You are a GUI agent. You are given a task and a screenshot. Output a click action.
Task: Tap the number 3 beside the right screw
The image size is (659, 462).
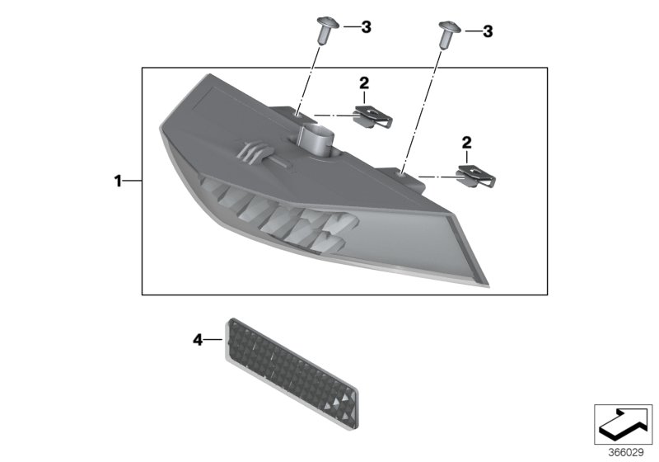click(x=488, y=31)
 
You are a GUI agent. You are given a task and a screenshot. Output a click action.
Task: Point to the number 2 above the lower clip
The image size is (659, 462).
click(x=466, y=144)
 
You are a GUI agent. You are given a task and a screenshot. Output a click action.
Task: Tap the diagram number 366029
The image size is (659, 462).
click(x=624, y=451)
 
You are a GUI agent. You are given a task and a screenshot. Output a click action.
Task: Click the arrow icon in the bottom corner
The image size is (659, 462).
click(x=623, y=422)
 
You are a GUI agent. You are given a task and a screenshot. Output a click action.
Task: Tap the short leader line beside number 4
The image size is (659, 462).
click(x=213, y=338)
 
